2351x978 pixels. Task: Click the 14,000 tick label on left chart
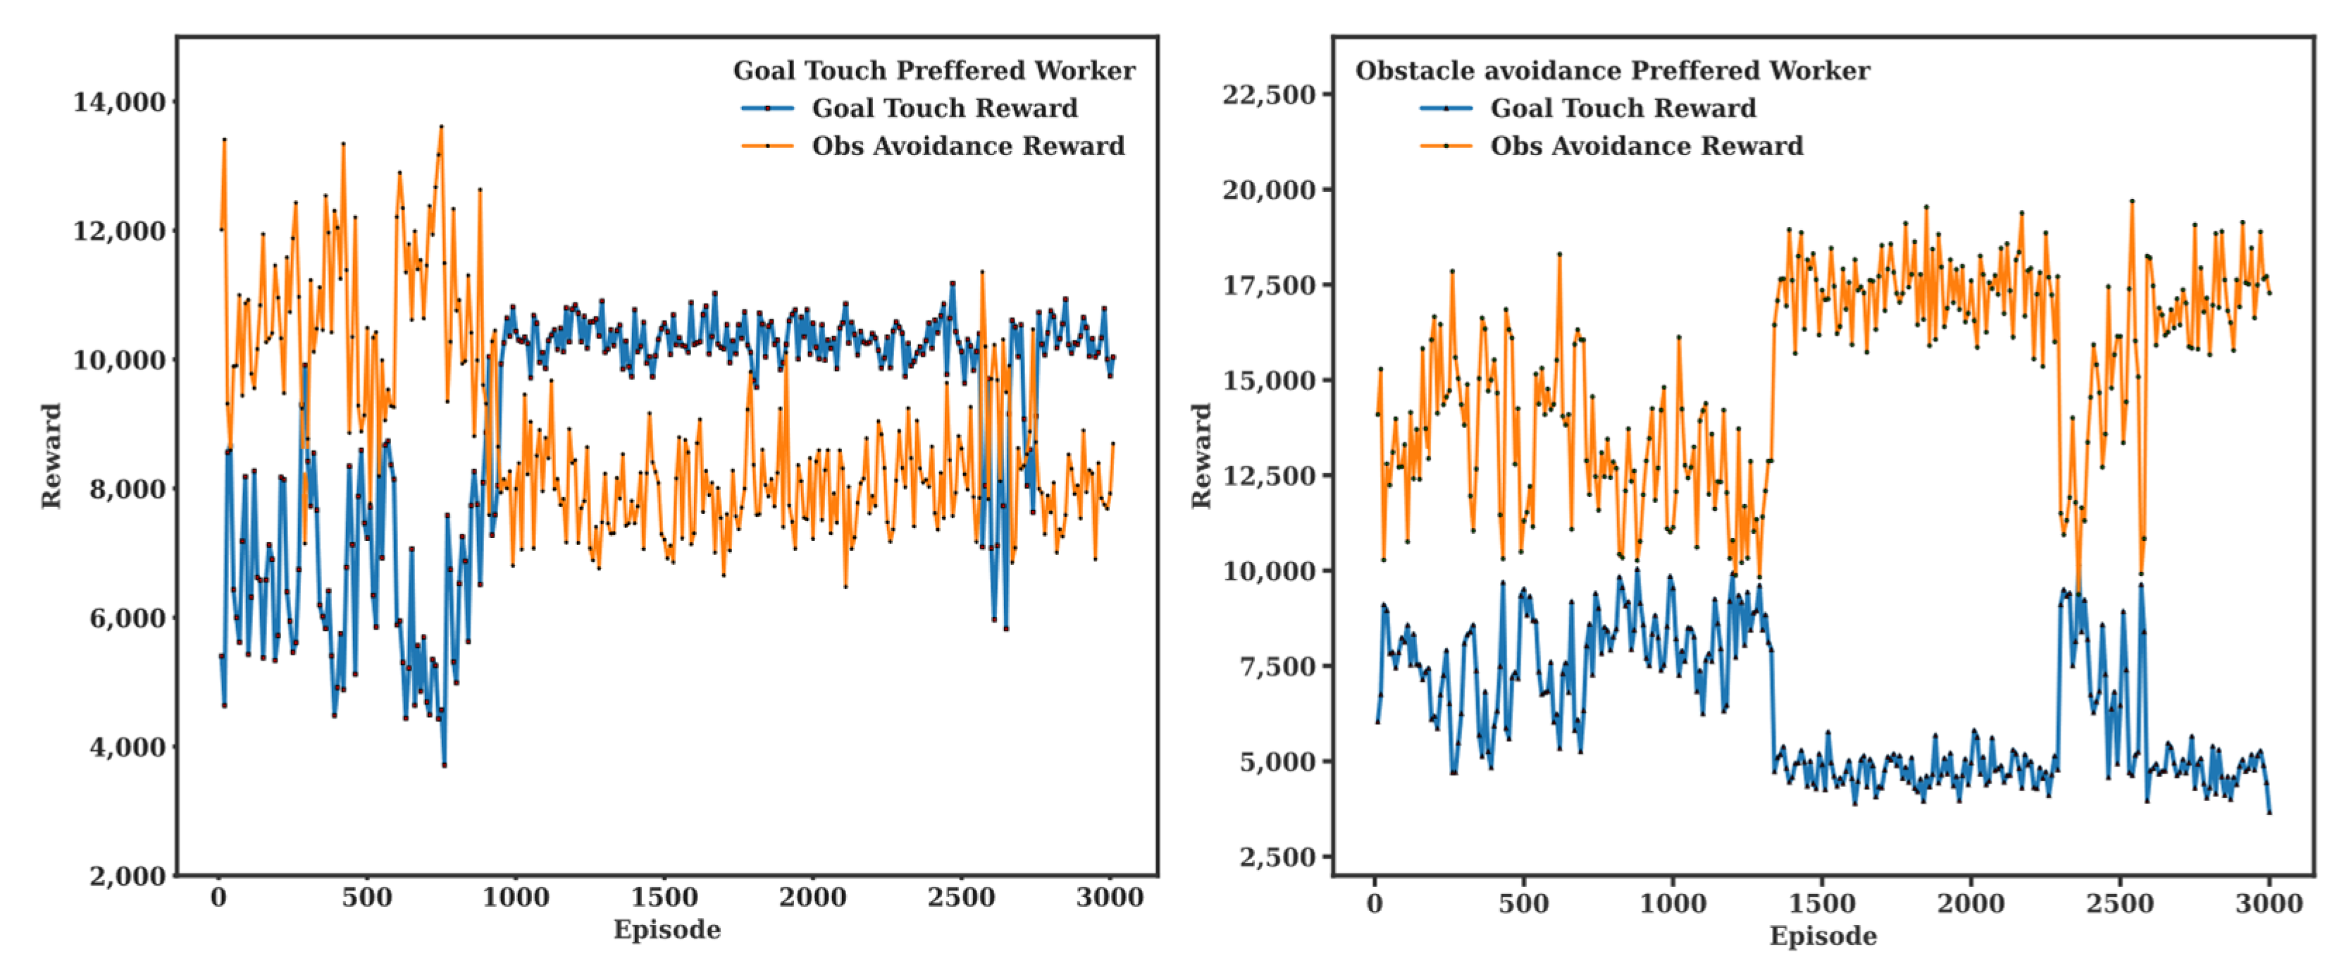pos(120,102)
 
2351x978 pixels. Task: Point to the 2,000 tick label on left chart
pos(128,875)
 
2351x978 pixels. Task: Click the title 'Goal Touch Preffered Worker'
pos(933,71)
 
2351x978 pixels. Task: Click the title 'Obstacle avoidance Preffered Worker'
pos(1612,71)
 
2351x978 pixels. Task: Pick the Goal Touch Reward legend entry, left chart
pos(943,108)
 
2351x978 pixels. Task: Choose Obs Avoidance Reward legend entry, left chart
pos(967,146)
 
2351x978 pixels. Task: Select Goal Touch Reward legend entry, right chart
pos(1622,108)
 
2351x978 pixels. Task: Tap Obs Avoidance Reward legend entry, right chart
pos(1646,146)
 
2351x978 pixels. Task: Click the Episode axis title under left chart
pos(666,929)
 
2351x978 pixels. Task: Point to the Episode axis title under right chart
pos(1823,936)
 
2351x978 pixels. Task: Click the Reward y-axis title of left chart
pos(51,456)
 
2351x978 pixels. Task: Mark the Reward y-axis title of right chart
pos(1201,456)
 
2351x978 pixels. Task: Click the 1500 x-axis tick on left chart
pos(664,898)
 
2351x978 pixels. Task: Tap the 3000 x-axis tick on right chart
pos(2269,904)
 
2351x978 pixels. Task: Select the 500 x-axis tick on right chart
pos(1523,904)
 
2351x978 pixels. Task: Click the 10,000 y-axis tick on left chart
pos(120,360)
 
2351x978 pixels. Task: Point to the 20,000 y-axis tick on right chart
pos(1269,190)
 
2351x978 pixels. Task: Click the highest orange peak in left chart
pos(442,127)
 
